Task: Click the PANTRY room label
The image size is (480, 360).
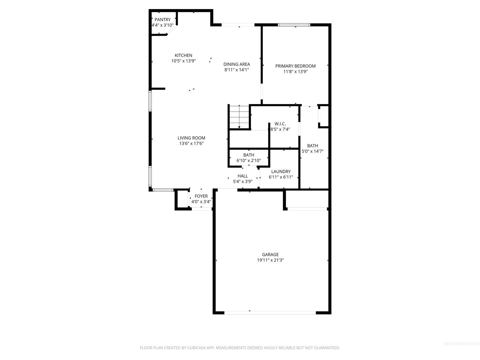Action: point(162,20)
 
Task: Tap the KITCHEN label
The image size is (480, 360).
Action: point(183,55)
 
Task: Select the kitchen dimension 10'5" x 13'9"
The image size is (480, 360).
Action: point(183,61)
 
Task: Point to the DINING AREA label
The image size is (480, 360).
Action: point(236,64)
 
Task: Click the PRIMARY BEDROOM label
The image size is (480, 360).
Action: point(295,66)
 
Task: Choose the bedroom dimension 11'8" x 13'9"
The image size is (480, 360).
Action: point(295,72)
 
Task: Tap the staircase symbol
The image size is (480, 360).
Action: point(239,117)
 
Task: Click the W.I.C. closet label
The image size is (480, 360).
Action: point(280,124)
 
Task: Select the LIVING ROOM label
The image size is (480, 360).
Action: point(191,138)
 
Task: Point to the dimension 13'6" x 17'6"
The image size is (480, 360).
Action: point(191,144)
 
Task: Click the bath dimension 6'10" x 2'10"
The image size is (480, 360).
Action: point(249,161)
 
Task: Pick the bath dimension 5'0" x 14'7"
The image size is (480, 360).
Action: point(312,151)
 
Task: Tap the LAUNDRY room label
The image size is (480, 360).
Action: point(281,172)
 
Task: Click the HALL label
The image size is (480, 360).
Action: point(243,176)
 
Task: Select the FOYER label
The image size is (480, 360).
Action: point(201,196)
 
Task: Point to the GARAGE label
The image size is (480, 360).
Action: point(270,255)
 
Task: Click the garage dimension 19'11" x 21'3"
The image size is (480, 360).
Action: point(270,260)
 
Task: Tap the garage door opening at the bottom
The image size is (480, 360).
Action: point(270,313)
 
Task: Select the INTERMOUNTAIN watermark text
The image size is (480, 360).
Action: point(461,344)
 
